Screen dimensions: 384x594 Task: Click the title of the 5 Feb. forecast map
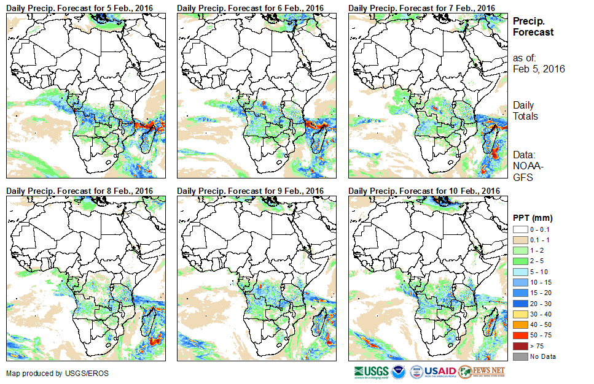(80, 7)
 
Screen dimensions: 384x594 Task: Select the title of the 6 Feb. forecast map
(251, 7)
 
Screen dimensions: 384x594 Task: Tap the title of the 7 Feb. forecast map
(421, 7)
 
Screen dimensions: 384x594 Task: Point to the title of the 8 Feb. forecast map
(80, 191)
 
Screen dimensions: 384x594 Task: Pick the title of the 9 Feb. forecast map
(251, 191)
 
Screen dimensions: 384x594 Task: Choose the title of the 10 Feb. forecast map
(424, 191)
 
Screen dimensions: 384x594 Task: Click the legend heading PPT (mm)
(533, 218)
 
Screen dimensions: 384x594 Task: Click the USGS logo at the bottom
(372, 372)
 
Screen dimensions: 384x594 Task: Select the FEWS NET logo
(482, 372)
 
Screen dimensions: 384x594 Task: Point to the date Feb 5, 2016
(539, 69)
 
